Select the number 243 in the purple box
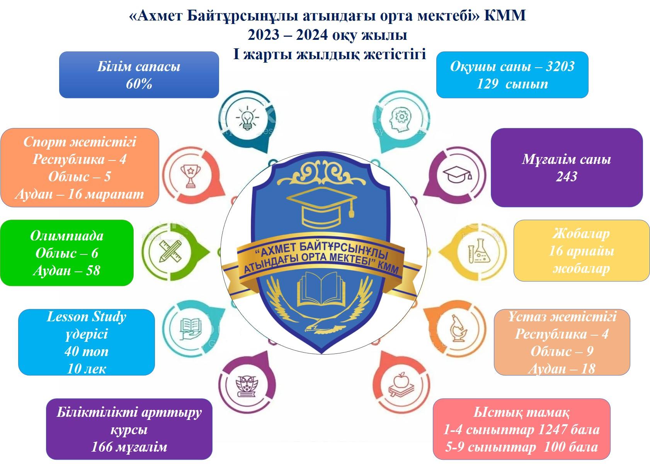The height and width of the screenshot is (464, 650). [x=567, y=177]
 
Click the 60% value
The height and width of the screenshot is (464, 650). [x=139, y=84]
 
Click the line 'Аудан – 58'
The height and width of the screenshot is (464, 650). [x=66, y=271]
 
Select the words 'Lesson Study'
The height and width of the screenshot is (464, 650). [x=86, y=317]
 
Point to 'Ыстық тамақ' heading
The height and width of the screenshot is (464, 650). [x=521, y=413]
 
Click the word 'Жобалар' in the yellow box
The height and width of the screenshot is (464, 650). [x=581, y=234]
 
